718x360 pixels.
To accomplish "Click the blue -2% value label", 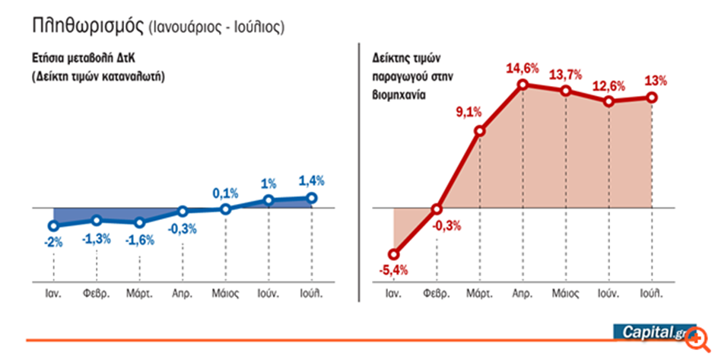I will pos(52,243).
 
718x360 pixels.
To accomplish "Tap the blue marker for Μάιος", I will pos(225,209).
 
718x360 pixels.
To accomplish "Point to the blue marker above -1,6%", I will pos(139,222).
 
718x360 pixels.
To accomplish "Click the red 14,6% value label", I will pos(523,68).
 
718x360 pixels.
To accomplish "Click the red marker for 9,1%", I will pos(480,131).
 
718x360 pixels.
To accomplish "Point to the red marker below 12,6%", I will pos(608,100).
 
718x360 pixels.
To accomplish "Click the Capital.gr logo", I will pos(654,333).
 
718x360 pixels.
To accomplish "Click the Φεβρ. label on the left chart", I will pos(97,292).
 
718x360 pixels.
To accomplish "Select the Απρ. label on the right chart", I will pos(522,292).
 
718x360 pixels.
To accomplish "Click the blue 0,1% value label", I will pos(225,191).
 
